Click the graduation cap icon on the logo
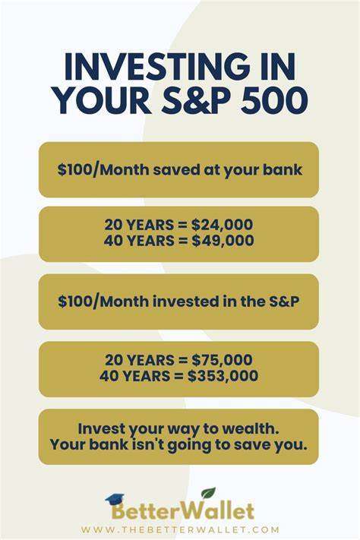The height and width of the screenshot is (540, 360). pyautogui.click(x=115, y=499)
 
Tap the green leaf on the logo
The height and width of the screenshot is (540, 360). pyautogui.click(x=207, y=494)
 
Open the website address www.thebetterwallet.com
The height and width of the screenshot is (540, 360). pyautogui.click(x=180, y=529)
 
